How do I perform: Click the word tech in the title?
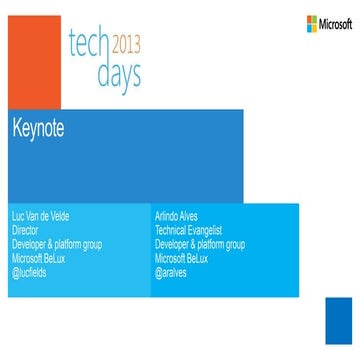pyautogui.click(x=87, y=43)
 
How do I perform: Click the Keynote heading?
pyautogui.click(x=41, y=128)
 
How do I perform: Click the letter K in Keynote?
pyautogui.click(x=18, y=128)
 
